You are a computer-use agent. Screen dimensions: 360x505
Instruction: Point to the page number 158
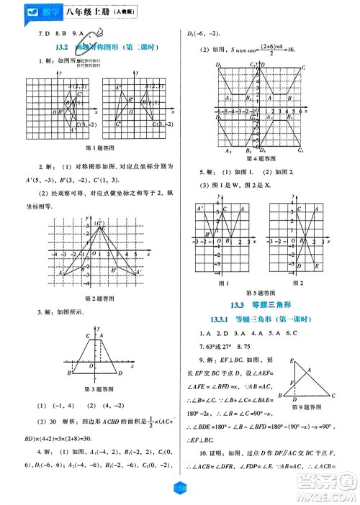(180, 488)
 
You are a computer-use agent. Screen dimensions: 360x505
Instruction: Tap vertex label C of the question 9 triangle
(333, 396)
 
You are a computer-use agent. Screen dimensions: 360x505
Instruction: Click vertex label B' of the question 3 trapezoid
(68, 373)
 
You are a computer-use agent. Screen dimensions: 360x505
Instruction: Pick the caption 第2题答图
(97, 297)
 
